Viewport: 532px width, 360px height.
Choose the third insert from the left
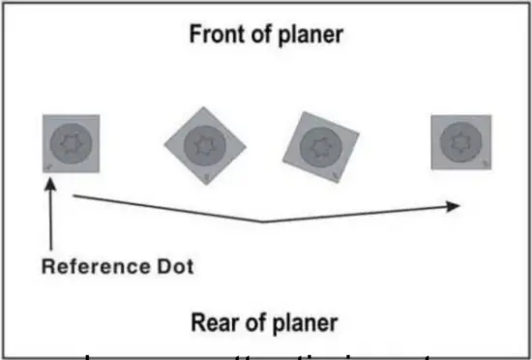point(321,146)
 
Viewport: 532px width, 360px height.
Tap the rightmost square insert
point(458,142)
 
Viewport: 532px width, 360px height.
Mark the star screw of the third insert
point(321,146)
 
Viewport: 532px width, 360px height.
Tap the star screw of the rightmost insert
point(458,142)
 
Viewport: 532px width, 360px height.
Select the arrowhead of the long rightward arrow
point(452,205)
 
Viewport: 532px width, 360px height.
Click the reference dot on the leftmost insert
point(49,165)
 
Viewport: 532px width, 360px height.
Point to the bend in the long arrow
point(263,222)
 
